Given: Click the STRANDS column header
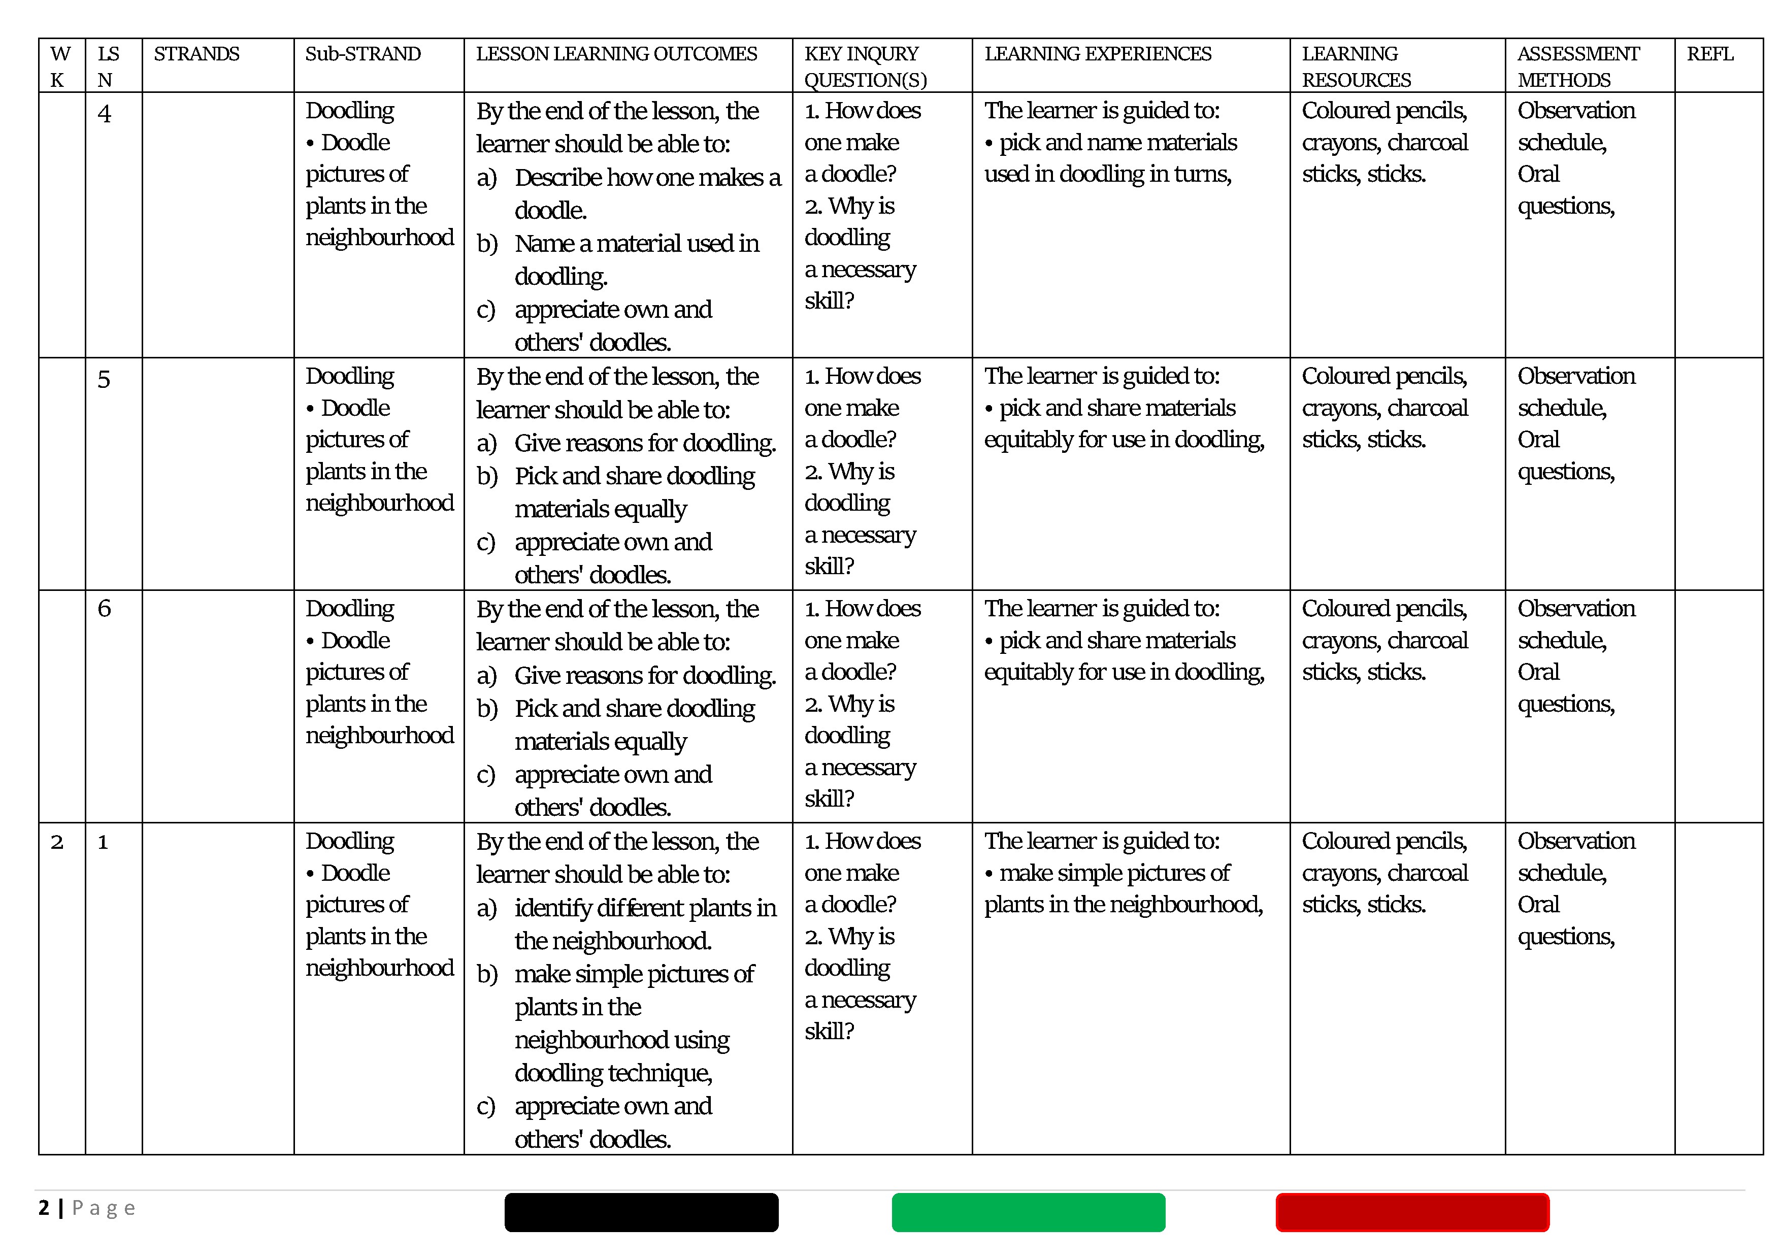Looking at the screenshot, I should [x=196, y=54].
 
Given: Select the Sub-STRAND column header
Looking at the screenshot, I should [x=362, y=54].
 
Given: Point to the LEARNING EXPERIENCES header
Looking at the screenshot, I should [x=1098, y=54].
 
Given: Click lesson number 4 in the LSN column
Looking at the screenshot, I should [x=104, y=114].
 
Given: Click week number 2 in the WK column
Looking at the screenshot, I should [x=57, y=842].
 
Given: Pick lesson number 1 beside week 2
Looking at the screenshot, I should [x=103, y=842].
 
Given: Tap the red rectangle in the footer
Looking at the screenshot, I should [x=1412, y=1212].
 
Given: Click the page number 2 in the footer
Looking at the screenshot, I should [x=44, y=1208].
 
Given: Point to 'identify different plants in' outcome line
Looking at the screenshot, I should [x=645, y=908].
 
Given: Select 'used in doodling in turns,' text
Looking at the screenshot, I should [x=1108, y=174].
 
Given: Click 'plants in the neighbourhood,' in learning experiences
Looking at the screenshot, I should [x=1123, y=905].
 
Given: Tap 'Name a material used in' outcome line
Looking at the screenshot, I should [x=636, y=244].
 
